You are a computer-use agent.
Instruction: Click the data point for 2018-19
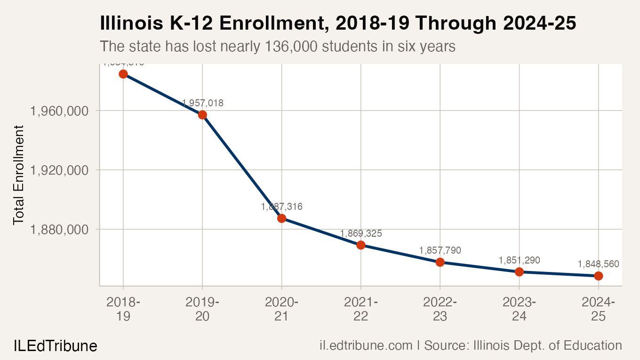(123, 74)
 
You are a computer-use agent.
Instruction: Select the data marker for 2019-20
(202, 115)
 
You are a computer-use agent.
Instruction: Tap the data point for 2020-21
(281, 218)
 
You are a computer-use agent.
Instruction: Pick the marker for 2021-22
(361, 245)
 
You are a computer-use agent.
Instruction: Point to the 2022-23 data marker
(440, 262)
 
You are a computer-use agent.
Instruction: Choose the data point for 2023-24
(519, 272)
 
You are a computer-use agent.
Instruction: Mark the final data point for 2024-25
(598, 276)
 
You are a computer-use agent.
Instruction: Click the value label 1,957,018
(202, 103)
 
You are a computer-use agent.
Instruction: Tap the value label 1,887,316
(281, 207)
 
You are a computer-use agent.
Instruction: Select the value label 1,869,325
(361, 233)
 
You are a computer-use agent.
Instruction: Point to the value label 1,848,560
(598, 264)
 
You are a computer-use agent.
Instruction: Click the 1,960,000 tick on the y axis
(59, 111)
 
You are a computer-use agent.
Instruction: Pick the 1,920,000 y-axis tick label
(59, 170)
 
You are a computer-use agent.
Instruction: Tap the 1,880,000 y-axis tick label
(59, 230)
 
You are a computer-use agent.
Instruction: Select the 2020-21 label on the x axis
(281, 309)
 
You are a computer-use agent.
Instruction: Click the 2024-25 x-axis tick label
(598, 309)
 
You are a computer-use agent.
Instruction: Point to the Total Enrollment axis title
(18, 175)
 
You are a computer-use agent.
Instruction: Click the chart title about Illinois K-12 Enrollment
(338, 24)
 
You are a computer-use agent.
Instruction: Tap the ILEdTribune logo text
(55, 346)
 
